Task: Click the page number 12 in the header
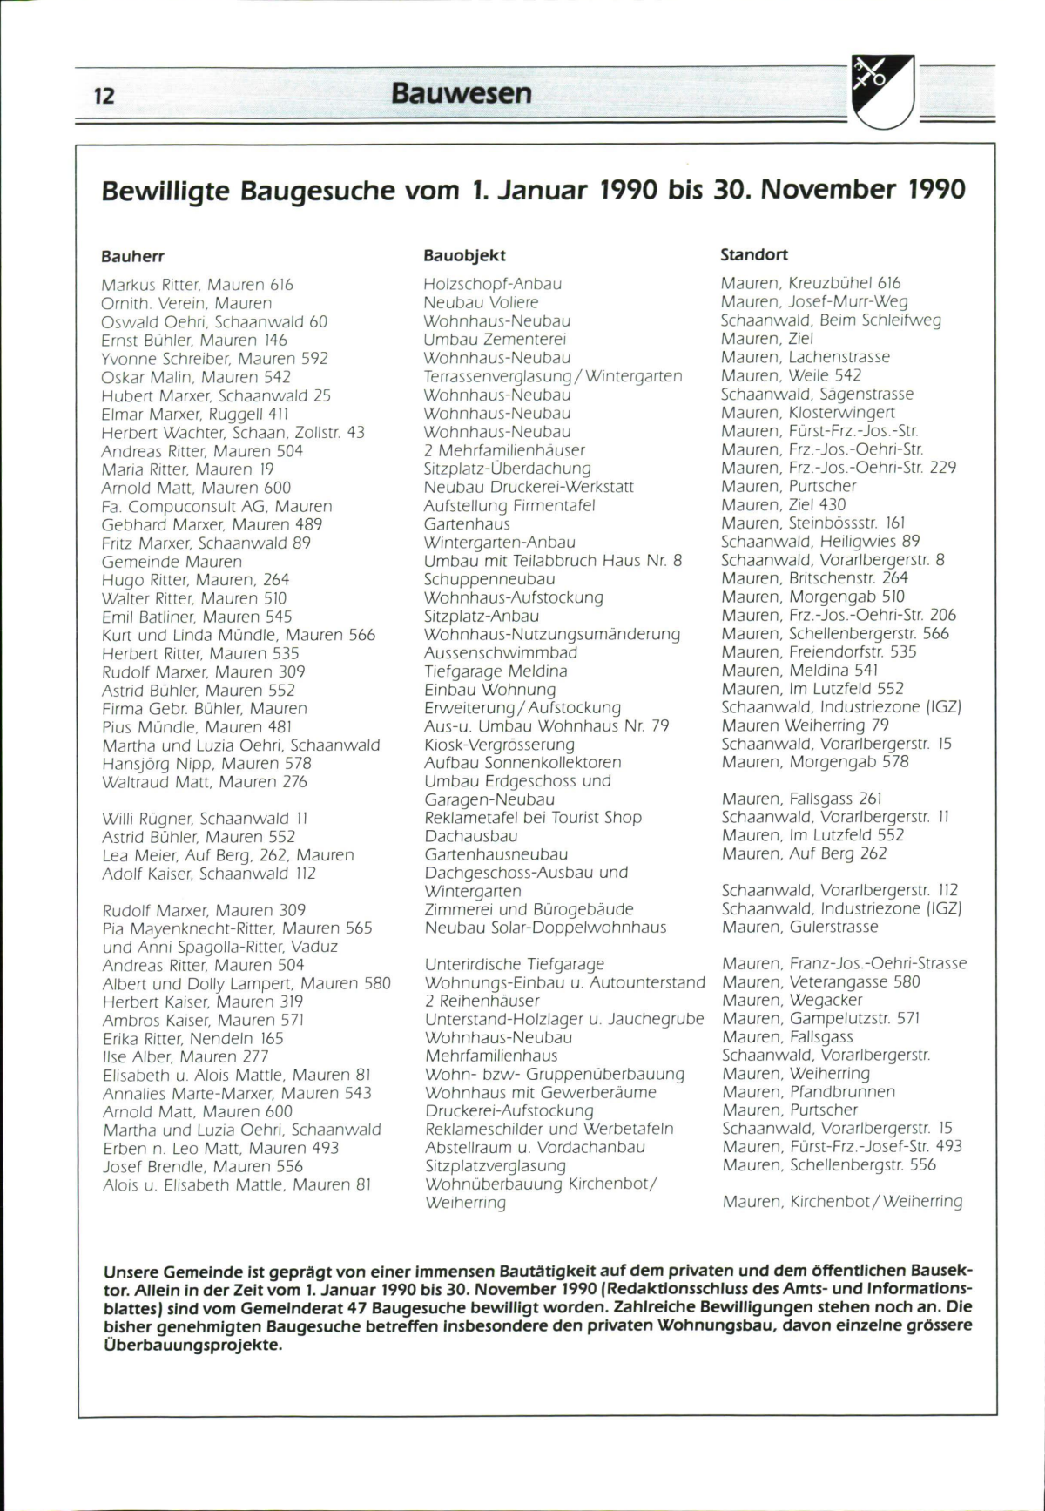pos(104,95)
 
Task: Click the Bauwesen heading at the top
pos(461,92)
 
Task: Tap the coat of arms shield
pos(882,90)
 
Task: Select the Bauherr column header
pos(132,257)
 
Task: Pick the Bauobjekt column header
pos(464,255)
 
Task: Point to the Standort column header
pos(754,254)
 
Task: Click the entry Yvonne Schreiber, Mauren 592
pos(214,359)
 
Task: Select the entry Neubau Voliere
pos(481,302)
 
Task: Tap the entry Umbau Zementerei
pos(495,339)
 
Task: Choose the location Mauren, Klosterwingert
pos(807,412)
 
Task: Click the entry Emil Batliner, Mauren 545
pos(197,617)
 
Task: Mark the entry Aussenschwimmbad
pos(501,652)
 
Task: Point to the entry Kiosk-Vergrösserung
pos(499,745)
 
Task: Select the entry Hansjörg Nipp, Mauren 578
pos(206,763)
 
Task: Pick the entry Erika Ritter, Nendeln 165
pos(192,1038)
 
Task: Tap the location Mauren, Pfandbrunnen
pos(808,1091)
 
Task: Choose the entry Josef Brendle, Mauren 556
pos(202,1166)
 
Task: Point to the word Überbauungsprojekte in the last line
pos(192,1345)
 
